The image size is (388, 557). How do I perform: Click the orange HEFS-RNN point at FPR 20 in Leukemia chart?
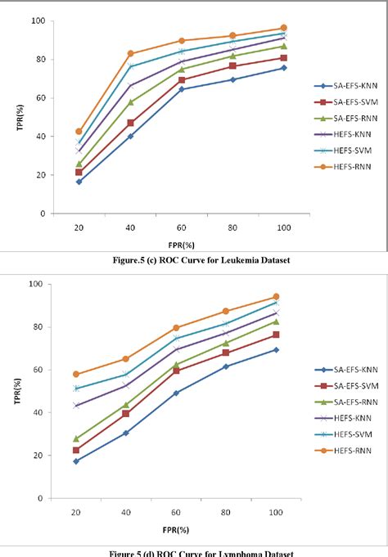79,131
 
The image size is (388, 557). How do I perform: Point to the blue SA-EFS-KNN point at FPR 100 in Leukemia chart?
284,68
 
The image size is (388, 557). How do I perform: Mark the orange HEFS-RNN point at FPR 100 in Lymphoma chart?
276,296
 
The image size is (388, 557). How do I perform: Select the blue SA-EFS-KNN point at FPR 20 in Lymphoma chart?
76,460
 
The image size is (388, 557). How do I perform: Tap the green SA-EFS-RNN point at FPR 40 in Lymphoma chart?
126,404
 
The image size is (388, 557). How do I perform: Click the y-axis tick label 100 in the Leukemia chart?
38,20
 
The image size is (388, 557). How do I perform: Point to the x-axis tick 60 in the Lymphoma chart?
176,511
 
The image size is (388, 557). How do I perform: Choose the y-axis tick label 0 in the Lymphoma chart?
41,498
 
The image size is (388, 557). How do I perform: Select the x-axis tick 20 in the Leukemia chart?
79,227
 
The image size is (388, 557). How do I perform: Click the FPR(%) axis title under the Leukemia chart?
181,244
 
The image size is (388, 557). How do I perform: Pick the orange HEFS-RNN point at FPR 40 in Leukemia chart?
130,53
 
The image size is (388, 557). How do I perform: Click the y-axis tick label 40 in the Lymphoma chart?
39,412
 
